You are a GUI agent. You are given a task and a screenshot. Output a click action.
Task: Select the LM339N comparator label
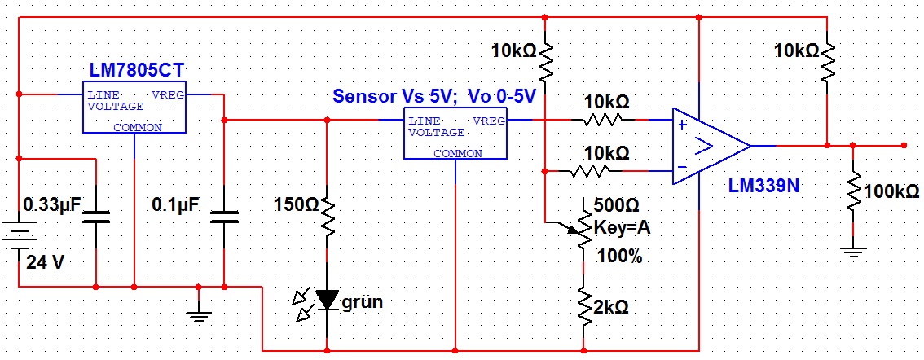click(763, 186)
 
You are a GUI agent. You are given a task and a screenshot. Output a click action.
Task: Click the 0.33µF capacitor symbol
click(96, 217)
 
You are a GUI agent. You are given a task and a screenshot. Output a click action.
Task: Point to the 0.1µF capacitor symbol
click(223, 217)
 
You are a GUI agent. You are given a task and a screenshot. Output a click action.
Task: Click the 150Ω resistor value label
click(291, 204)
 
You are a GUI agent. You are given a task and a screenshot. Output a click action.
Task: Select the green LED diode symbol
click(328, 301)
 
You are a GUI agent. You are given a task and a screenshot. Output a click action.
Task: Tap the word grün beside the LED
click(362, 302)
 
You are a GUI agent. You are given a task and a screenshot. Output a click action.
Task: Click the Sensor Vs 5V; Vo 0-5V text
click(434, 96)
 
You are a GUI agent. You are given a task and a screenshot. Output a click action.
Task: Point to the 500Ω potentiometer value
click(622, 204)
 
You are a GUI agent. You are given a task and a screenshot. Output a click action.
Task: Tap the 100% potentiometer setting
click(619, 257)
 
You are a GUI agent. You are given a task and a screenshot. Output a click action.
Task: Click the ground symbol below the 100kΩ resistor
click(852, 252)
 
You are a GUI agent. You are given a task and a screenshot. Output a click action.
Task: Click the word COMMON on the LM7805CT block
click(137, 127)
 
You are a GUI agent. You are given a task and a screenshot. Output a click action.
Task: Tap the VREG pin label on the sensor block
click(489, 121)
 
